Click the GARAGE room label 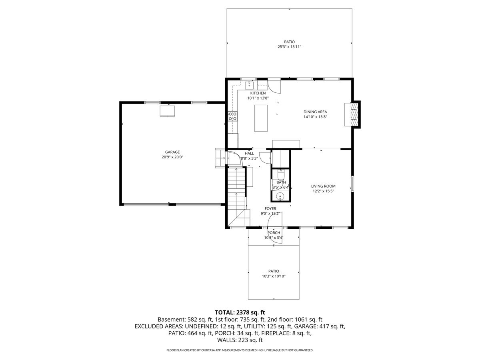coord(172,152)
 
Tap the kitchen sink coord(249,85)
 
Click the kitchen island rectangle coord(261,118)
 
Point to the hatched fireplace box coord(354,114)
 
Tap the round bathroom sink coord(280,197)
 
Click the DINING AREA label coord(315,112)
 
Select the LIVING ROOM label coord(323,186)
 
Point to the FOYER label coord(270,208)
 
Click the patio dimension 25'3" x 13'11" coord(289,46)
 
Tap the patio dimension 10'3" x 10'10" coord(274,276)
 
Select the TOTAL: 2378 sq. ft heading coord(240,312)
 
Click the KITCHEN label coord(258,93)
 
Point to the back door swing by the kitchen coord(274,87)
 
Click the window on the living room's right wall coord(352,184)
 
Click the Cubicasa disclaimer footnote coord(240,350)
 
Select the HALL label coord(249,154)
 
